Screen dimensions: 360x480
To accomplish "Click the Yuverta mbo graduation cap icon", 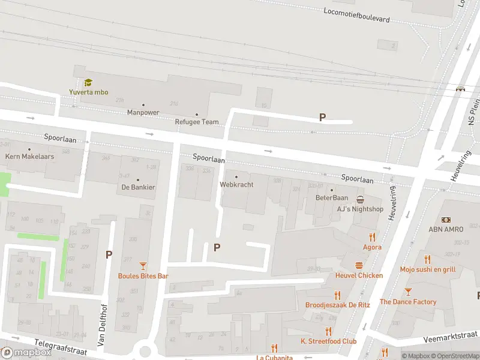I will (88, 82).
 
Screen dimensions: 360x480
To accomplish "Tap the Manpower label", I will (143, 112).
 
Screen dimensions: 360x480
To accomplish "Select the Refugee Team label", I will (196, 122).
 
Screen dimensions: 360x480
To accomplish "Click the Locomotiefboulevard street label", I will (356, 15).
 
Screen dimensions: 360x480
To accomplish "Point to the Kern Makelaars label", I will (30, 156).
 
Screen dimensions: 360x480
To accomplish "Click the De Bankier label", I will (137, 187).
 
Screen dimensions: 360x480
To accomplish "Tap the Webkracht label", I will (236, 184).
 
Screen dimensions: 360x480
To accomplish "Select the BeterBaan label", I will (332, 197).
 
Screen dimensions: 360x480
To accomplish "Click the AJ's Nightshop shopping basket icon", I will (360, 199).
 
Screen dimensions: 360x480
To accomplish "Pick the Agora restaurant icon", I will (372, 237).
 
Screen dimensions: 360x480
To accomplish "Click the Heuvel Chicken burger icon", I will (359, 265).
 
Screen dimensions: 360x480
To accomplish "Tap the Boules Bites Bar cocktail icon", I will (143, 266).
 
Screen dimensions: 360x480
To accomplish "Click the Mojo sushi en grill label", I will (427, 269).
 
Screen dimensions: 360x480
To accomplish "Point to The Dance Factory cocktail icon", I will (408, 292).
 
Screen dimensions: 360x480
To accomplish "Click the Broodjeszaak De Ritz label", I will (337, 305).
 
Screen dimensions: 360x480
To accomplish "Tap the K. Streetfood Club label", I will (328, 341).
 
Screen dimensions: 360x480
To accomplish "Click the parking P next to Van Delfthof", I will (109, 254).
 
